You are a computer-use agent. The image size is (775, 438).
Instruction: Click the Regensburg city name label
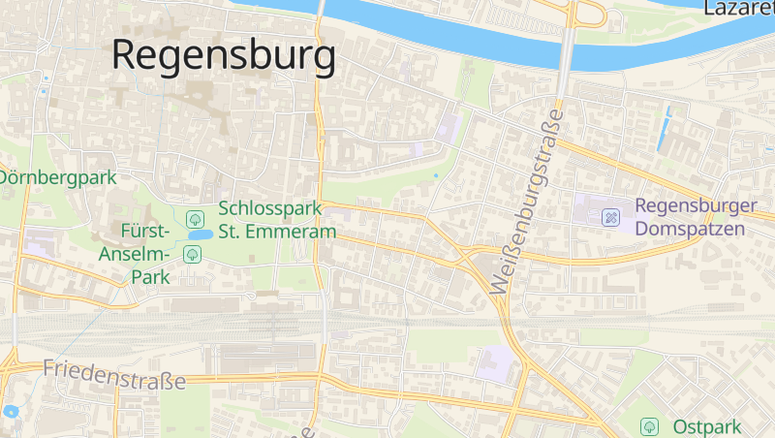coord(224,54)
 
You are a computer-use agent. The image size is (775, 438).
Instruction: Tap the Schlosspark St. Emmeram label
coord(277,220)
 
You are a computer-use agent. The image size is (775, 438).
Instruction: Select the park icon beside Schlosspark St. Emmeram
coord(195,217)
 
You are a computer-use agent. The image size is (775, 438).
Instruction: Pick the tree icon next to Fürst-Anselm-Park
coord(192,254)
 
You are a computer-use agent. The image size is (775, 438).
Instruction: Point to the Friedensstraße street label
coord(114,374)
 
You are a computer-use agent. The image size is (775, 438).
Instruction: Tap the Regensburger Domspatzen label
coord(696,218)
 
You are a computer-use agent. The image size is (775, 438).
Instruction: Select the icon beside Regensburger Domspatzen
coord(611,217)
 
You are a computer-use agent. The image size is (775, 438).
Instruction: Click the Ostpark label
coord(706,426)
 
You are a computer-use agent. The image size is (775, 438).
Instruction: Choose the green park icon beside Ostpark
coord(649,426)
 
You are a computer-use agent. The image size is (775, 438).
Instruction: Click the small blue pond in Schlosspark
coord(201,235)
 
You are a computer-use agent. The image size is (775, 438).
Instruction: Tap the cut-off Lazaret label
coord(738,9)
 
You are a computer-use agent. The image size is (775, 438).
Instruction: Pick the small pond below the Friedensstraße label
coord(11,411)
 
